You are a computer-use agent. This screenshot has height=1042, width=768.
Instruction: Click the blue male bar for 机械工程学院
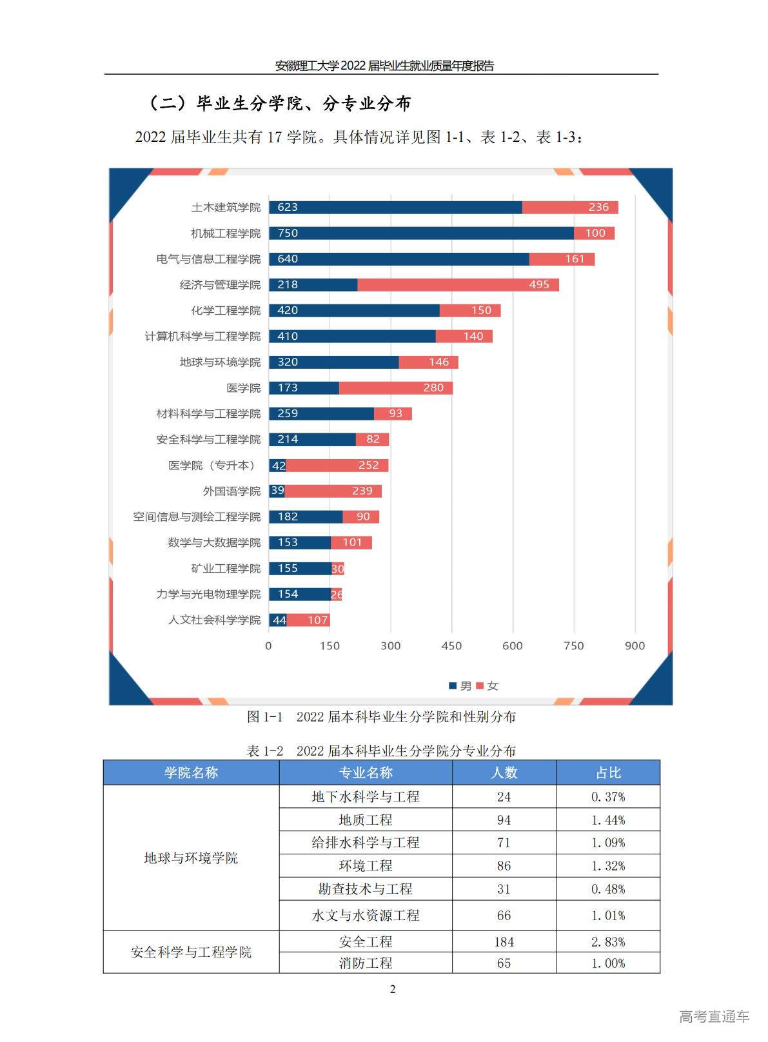click(421, 233)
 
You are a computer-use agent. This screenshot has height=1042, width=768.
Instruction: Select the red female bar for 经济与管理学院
click(458, 284)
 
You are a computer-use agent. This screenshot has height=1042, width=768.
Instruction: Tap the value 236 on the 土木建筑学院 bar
click(598, 207)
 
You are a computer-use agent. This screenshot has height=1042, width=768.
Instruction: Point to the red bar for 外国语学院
click(333, 491)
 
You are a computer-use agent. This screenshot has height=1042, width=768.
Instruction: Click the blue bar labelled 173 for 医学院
click(304, 388)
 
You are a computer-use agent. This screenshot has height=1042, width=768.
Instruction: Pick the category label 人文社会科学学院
click(215, 620)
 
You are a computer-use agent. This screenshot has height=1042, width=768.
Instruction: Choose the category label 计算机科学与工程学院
click(202, 336)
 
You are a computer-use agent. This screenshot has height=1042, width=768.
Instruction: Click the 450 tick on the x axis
click(451, 645)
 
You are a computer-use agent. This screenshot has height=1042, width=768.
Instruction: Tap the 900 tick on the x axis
click(635, 645)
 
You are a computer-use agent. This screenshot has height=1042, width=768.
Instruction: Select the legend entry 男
click(461, 685)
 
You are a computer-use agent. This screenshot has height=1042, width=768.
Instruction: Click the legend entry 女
click(488, 685)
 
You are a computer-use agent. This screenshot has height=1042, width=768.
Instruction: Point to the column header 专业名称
click(366, 772)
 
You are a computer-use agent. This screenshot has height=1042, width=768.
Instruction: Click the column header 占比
click(608, 772)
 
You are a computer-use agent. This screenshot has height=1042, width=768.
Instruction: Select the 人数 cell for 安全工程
click(504, 941)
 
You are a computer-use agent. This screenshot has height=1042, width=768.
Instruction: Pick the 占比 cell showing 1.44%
click(608, 820)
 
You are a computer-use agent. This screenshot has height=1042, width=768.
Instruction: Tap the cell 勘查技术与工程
click(366, 889)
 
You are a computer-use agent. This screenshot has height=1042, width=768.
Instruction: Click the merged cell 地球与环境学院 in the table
click(191, 858)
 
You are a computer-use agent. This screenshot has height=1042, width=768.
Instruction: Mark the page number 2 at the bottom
click(393, 989)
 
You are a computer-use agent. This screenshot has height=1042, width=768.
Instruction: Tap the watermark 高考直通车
click(714, 1016)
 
